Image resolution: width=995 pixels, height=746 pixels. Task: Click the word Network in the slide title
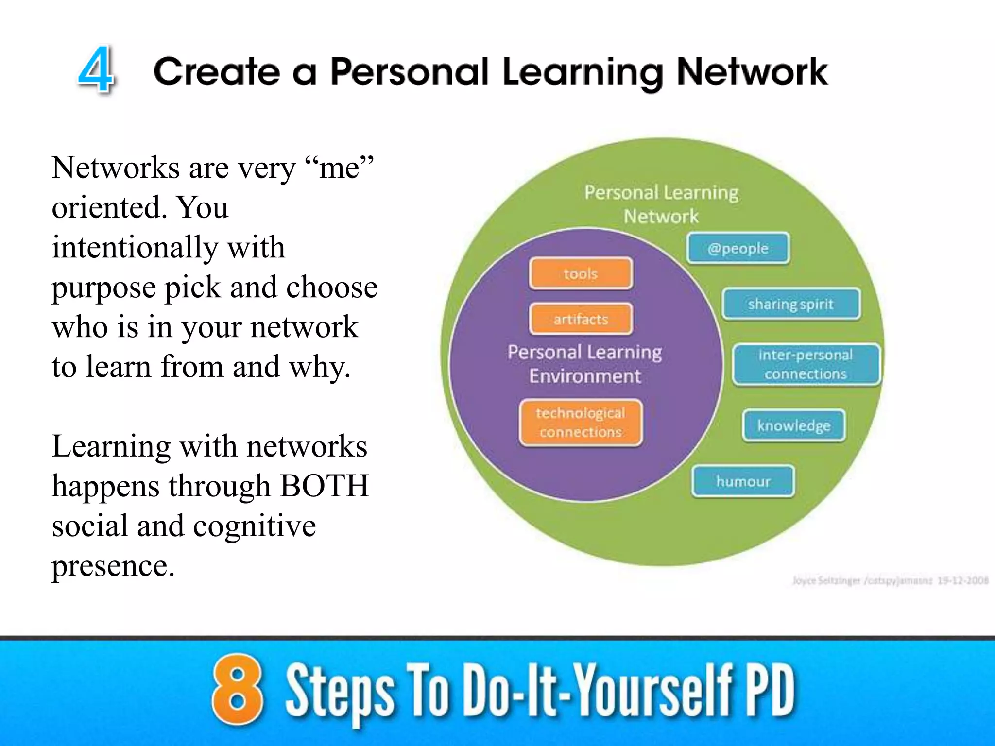[x=752, y=72]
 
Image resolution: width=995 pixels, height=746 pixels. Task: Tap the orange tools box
[x=581, y=273]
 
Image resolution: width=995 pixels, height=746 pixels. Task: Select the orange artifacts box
[x=581, y=319]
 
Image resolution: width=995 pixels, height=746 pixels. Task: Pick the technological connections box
[x=581, y=422]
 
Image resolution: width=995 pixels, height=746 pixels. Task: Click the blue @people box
[x=738, y=248]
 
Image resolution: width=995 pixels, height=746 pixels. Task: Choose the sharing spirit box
[x=791, y=304]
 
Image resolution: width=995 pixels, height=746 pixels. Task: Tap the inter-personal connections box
[x=806, y=364]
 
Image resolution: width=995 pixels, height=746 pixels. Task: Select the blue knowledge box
[x=794, y=425]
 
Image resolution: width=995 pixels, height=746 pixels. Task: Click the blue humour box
[x=743, y=481]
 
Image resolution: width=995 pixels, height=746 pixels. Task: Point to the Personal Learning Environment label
[x=585, y=363]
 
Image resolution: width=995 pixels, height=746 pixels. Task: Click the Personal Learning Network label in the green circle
[x=661, y=204]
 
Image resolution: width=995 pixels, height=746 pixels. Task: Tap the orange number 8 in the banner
[x=237, y=690]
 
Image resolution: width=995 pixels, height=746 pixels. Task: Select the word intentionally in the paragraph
[x=135, y=247]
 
